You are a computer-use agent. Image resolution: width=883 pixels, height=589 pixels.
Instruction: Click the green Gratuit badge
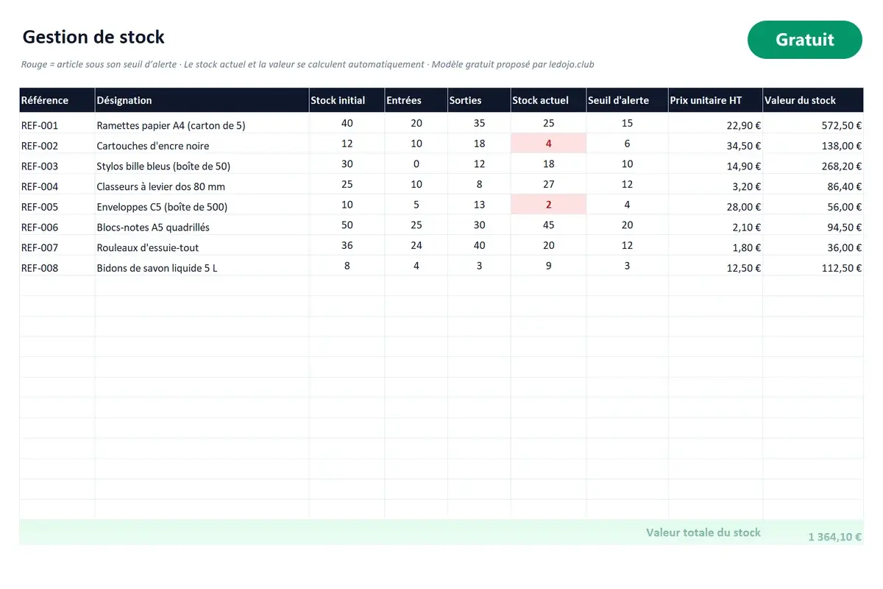[x=804, y=40]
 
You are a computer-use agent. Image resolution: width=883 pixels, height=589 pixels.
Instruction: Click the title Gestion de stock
[x=93, y=37]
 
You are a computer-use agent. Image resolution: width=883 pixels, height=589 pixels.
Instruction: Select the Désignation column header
[x=124, y=100]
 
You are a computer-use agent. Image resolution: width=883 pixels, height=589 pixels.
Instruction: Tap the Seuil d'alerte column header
[x=618, y=100]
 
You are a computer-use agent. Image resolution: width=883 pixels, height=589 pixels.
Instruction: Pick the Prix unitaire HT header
[x=706, y=100]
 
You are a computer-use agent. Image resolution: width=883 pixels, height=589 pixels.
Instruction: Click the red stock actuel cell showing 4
[x=548, y=144]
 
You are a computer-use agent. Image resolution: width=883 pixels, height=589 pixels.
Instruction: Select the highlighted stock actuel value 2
[x=548, y=205]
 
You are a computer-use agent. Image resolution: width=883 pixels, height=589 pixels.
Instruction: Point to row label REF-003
[x=40, y=166]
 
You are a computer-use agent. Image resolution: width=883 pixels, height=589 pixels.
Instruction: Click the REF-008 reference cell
[x=40, y=268]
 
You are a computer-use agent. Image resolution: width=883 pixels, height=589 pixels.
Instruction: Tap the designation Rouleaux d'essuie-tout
[x=147, y=247]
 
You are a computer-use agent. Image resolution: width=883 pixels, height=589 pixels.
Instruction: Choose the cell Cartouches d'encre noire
[x=152, y=146]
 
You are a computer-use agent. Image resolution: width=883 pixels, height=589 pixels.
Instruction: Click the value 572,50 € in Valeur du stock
[x=842, y=125]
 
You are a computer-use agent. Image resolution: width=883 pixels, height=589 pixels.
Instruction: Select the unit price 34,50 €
[x=743, y=146]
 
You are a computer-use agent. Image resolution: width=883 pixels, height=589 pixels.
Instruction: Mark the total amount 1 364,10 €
[x=834, y=537]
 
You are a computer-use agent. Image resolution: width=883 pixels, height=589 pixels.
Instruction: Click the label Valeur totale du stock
[x=703, y=532]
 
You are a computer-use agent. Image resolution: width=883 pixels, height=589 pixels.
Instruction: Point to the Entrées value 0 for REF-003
[x=416, y=163]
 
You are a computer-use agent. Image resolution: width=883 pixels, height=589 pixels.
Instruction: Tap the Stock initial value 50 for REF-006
[x=347, y=225]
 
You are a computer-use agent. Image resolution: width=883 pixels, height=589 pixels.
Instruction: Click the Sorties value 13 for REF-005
[x=479, y=205]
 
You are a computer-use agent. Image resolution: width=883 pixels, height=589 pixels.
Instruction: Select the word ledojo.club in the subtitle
[x=571, y=64]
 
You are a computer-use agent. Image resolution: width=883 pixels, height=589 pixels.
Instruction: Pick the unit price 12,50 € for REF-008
[x=743, y=268]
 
